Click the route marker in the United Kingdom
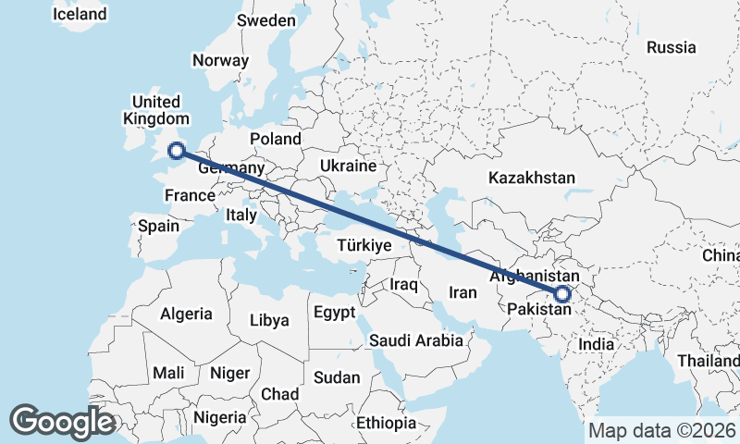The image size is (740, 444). click(x=176, y=151)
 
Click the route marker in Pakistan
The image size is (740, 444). click(x=563, y=295)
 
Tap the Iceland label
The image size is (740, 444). click(x=80, y=15)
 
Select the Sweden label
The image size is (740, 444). click(x=266, y=20)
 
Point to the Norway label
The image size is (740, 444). click(x=220, y=60)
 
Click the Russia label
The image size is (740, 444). click(x=671, y=47)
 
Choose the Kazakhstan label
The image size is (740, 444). click(x=533, y=178)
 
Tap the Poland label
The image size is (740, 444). click(x=275, y=139)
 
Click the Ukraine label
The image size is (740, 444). click(x=348, y=166)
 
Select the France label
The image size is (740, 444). click(x=190, y=195)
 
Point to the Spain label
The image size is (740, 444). click(x=158, y=225)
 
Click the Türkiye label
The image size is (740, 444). click(x=364, y=245)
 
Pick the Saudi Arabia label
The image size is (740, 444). click(x=416, y=340)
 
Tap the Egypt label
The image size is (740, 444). click(x=334, y=313)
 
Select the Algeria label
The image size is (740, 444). click(x=186, y=314)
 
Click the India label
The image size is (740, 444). click(x=596, y=344)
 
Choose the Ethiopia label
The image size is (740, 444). click(x=387, y=423)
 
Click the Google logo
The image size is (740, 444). click(x=62, y=422)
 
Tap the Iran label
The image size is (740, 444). click(x=462, y=292)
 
